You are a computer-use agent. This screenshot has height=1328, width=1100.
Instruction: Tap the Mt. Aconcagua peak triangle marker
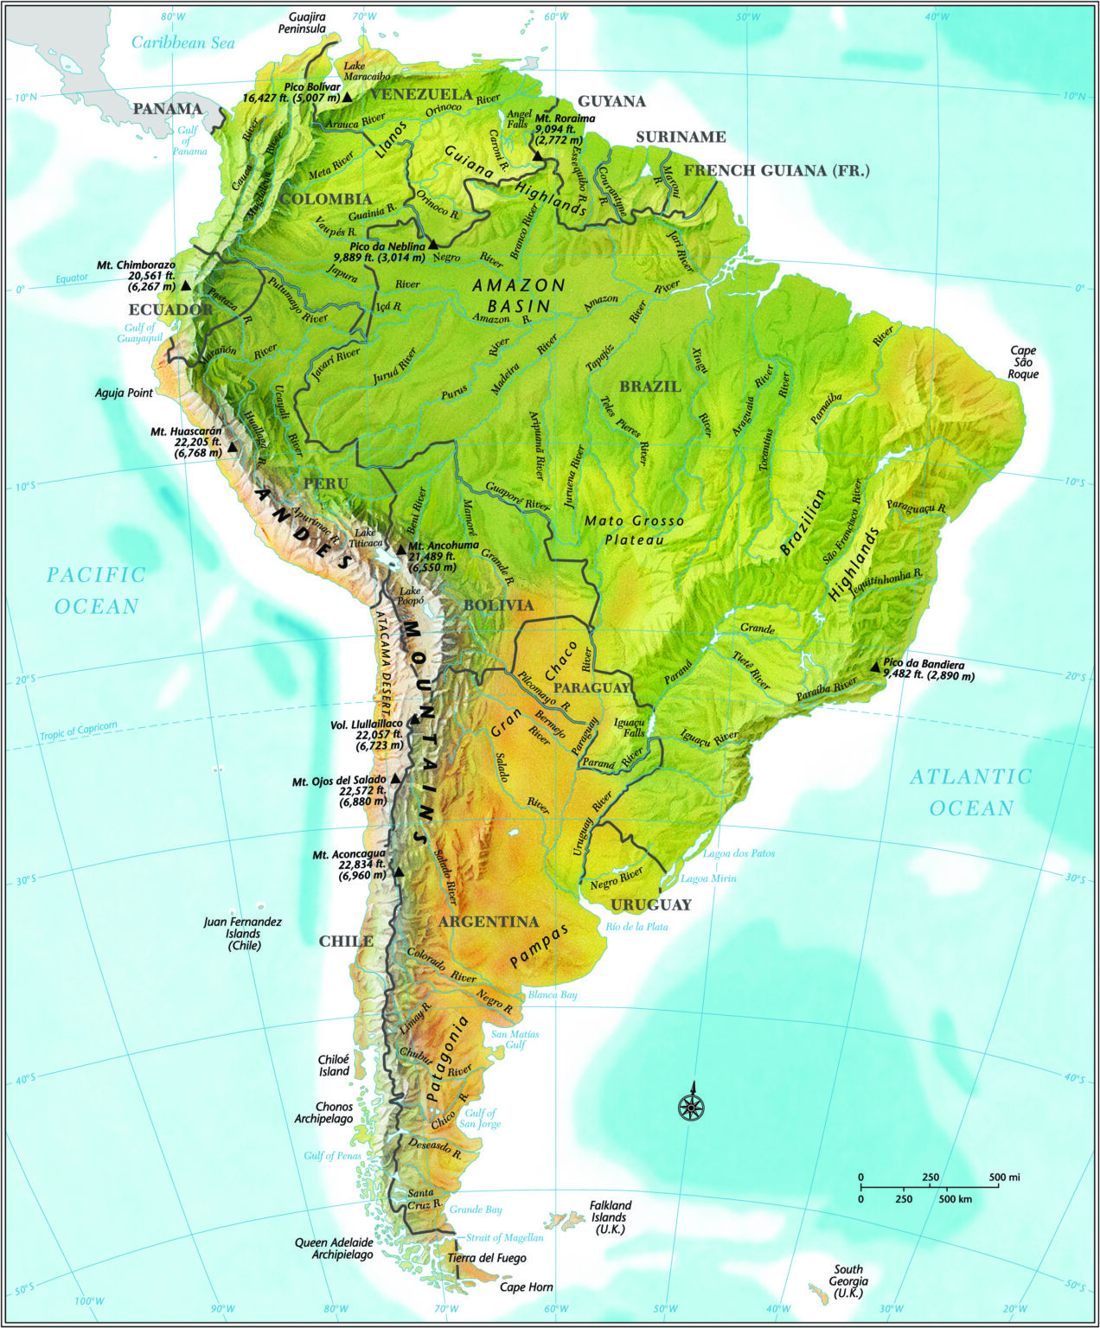[399, 871]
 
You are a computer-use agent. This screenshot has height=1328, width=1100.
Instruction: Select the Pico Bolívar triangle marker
[347, 98]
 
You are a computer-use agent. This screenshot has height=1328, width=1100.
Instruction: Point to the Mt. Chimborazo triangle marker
[185, 285]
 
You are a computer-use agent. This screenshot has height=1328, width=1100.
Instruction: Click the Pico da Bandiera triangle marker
[875, 667]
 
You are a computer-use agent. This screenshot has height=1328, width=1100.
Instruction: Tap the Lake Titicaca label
[366, 539]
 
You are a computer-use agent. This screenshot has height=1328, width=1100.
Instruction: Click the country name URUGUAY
[651, 904]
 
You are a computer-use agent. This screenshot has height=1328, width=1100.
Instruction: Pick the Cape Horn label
[527, 1287]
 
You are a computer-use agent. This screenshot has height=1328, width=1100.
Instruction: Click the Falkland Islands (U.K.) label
[611, 1216]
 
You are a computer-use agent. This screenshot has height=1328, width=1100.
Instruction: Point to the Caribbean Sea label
[183, 42]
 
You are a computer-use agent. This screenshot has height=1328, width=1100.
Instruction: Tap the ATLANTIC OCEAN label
[971, 792]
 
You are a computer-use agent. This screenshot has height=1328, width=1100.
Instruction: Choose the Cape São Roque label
[1023, 362]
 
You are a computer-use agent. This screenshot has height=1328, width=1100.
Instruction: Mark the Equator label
[73, 278]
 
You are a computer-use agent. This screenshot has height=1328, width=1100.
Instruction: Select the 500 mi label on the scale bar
[1005, 1177]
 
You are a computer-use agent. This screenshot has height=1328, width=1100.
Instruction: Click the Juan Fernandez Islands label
[243, 934]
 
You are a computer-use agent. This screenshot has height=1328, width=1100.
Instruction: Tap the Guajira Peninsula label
[302, 22]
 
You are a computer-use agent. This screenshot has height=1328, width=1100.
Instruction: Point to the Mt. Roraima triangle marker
[538, 156]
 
